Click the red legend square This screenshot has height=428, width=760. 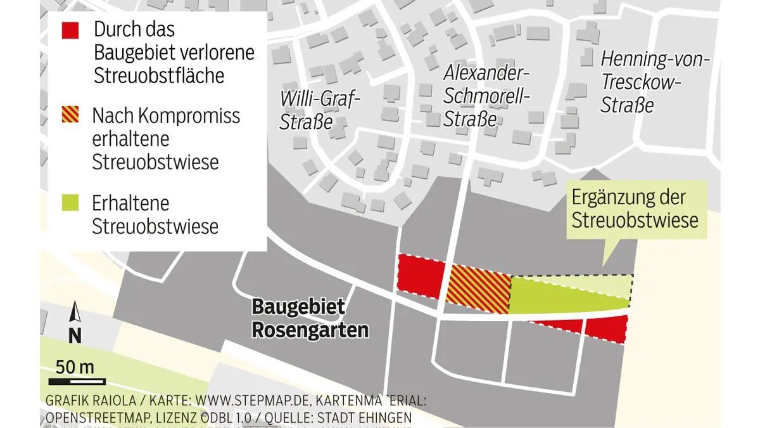tap(70, 30)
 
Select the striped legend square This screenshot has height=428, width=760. tap(70, 117)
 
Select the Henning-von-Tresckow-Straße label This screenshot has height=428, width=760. tap(654, 82)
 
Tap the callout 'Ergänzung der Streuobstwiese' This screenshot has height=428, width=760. tap(635, 209)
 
